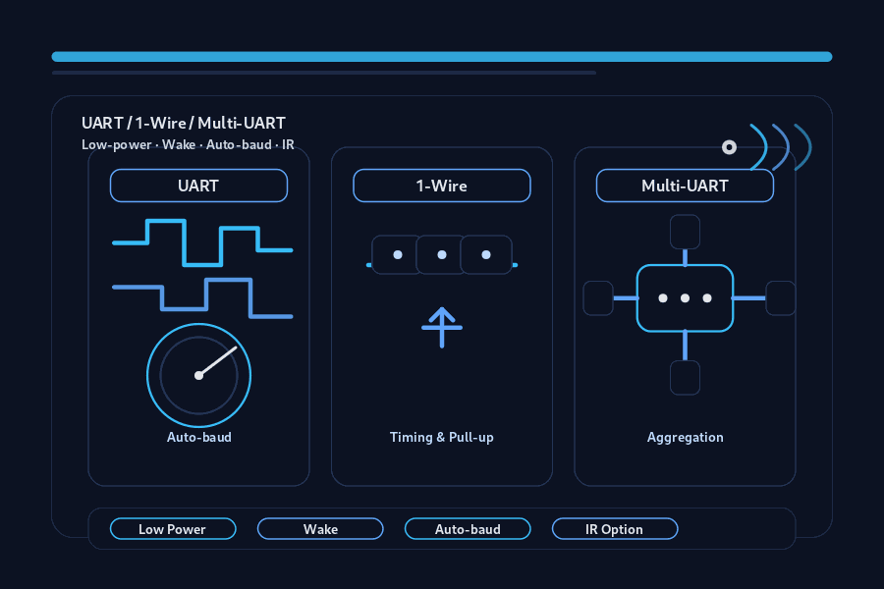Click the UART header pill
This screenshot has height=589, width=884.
(x=198, y=186)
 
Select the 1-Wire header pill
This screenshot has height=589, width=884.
(x=441, y=186)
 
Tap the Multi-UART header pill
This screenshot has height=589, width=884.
(x=685, y=186)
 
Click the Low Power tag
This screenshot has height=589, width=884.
(x=173, y=529)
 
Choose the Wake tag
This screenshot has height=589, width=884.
(x=320, y=529)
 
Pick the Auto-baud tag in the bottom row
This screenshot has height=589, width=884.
(x=468, y=529)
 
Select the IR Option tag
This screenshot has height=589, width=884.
(x=615, y=529)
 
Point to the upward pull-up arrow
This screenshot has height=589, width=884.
(x=442, y=328)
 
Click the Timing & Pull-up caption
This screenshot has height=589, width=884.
(x=441, y=438)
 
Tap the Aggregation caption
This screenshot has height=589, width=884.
(x=685, y=438)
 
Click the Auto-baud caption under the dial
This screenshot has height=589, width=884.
(x=199, y=438)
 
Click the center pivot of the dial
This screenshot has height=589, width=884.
(x=198, y=375)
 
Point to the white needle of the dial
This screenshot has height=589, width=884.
(x=217, y=362)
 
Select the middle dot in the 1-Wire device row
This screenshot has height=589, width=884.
(x=442, y=255)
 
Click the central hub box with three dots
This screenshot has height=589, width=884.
(x=685, y=298)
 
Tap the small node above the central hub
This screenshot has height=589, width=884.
(x=685, y=232)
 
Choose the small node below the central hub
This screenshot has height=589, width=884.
(x=685, y=378)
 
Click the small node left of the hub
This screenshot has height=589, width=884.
(x=598, y=298)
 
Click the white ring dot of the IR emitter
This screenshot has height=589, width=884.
(x=729, y=147)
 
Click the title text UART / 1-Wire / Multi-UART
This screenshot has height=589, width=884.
(x=184, y=123)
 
